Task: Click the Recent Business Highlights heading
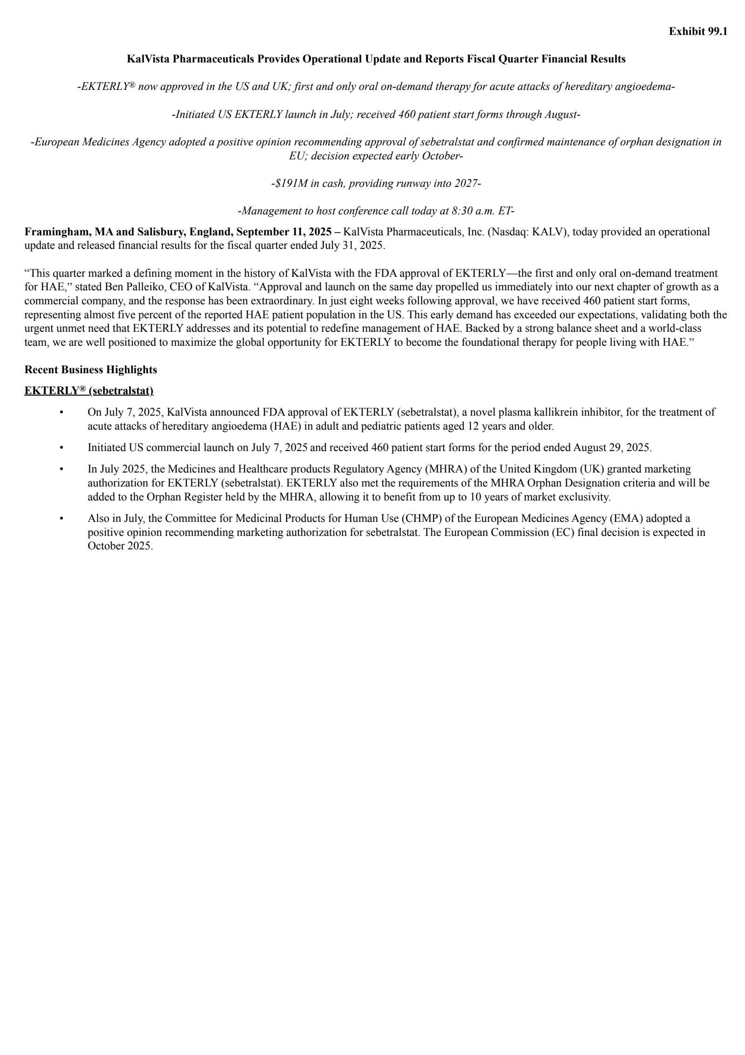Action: click(91, 370)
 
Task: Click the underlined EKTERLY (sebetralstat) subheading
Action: click(89, 391)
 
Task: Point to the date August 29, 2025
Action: click(612, 448)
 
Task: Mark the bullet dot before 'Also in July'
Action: click(61, 519)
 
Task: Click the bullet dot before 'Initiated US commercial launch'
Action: click(61, 448)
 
